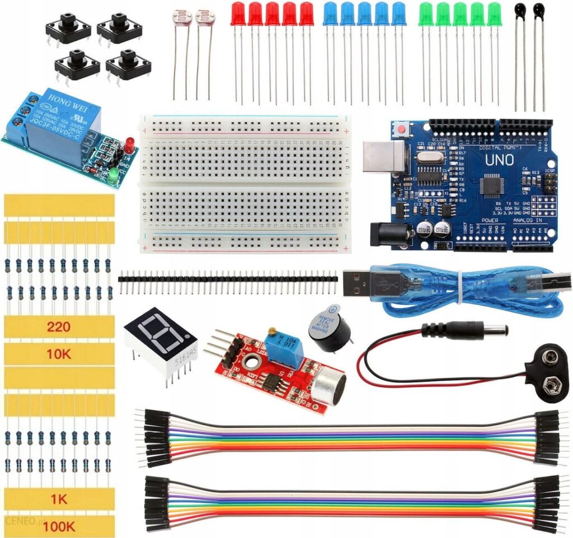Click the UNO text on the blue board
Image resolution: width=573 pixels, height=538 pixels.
pyautogui.click(x=500, y=160)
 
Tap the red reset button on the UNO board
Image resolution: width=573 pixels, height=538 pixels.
pyautogui.click(x=401, y=130)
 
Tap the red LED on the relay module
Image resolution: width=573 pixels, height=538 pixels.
pyautogui.click(x=129, y=144)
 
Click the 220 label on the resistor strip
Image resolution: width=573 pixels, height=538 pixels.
pyautogui.click(x=59, y=326)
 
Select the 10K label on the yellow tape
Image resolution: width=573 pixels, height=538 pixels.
pyautogui.click(x=59, y=354)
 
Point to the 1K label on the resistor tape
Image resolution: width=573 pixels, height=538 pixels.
pyautogui.click(x=59, y=498)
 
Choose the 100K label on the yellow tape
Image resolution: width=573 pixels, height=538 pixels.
pyautogui.click(x=59, y=526)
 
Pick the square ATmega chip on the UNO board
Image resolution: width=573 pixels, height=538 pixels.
pyautogui.click(x=493, y=185)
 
